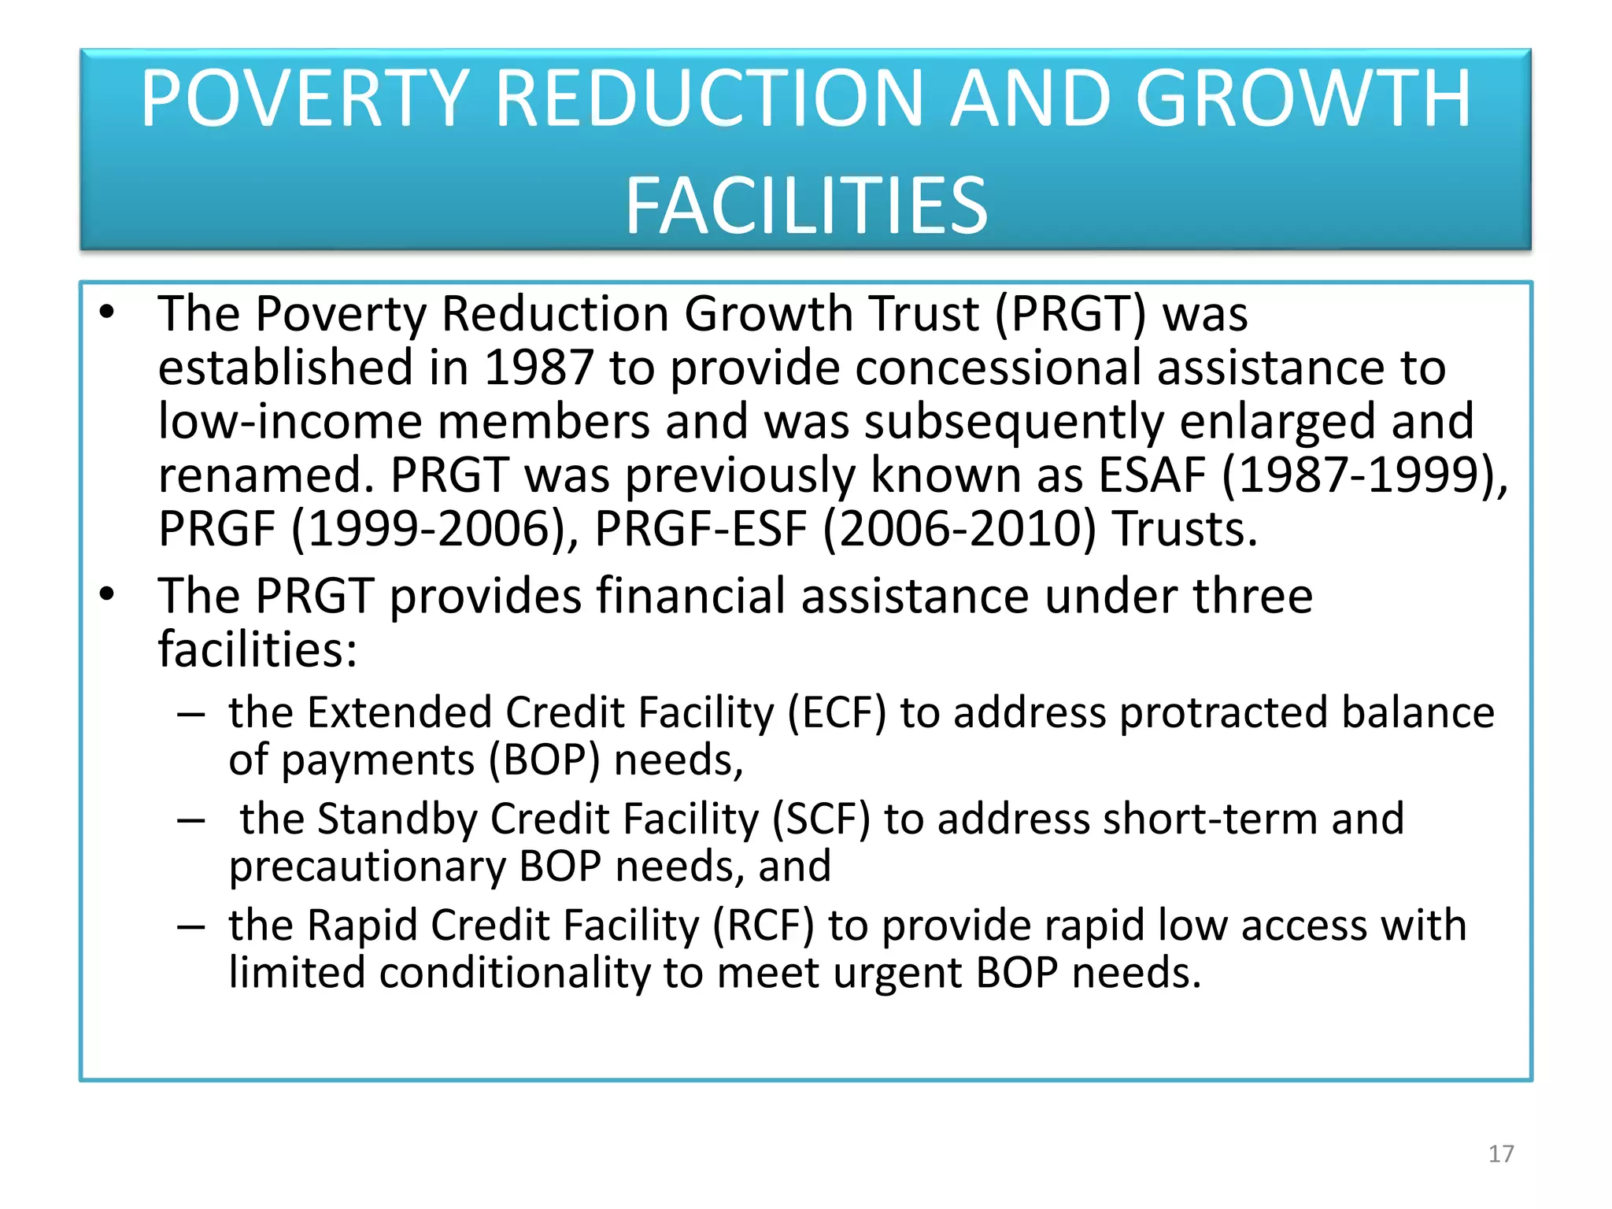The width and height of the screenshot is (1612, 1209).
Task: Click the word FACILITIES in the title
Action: [806, 205]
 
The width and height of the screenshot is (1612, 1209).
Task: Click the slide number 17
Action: [1501, 1154]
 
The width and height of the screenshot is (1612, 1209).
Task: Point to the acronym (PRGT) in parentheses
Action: [1070, 314]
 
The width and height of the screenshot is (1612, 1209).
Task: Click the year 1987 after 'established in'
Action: [538, 368]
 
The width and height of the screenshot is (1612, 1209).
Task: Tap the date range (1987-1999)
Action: [1363, 475]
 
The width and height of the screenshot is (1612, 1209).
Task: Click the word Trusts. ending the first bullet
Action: [1185, 529]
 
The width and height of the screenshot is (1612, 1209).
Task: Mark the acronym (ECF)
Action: [837, 713]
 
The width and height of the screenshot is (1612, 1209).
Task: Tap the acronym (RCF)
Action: [763, 926]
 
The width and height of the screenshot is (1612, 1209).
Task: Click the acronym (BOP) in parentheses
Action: [544, 761]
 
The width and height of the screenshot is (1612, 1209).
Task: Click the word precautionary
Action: [368, 867]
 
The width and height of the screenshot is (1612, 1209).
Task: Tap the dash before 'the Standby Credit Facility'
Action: [191, 821]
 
